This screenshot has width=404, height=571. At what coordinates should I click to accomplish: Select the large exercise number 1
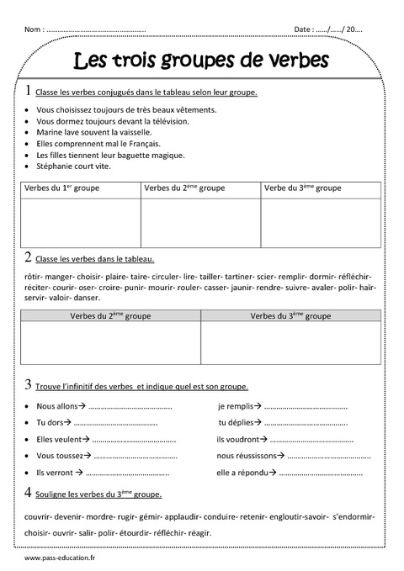(29, 91)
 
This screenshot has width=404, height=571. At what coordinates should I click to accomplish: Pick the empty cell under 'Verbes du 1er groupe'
(80, 223)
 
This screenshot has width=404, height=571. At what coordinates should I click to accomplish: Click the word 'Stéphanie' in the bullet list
(54, 167)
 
